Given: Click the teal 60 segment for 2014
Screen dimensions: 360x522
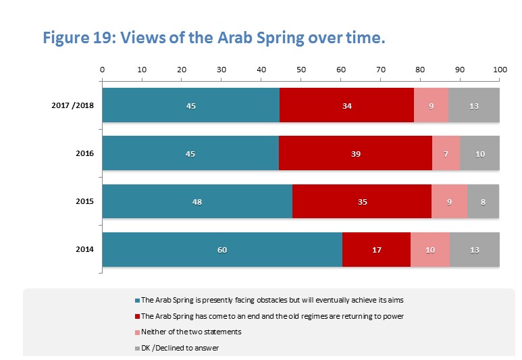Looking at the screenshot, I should click(222, 250).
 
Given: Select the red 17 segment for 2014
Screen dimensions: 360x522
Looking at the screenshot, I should click(376, 250).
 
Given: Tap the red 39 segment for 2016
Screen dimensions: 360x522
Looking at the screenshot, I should click(355, 153).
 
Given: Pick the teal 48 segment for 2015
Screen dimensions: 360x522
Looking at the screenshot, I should click(197, 201).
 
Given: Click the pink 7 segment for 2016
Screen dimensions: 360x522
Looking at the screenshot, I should click(446, 153).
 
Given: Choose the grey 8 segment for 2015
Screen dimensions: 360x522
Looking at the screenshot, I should click(484, 201).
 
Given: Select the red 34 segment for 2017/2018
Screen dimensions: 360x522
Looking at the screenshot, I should click(346, 105).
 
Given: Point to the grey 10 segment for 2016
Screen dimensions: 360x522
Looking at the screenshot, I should click(480, 153).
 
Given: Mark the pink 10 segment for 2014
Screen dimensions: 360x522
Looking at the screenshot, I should click(430, 250).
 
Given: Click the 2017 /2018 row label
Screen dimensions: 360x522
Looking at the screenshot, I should click(72, 105).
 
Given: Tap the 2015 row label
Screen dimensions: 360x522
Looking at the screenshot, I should click(84, 201).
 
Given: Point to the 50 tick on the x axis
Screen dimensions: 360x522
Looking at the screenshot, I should click(301, 70).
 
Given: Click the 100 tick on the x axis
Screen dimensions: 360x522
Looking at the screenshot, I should click(500, 70).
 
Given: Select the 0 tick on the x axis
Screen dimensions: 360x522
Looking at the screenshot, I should click(102, 70).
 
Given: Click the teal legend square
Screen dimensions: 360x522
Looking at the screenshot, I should click(136, 300).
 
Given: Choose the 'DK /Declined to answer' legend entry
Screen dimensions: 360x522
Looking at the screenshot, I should click(177, 348).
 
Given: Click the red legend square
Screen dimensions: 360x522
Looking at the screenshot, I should click(136, 316).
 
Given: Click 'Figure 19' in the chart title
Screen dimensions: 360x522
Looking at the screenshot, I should click(74, 38).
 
